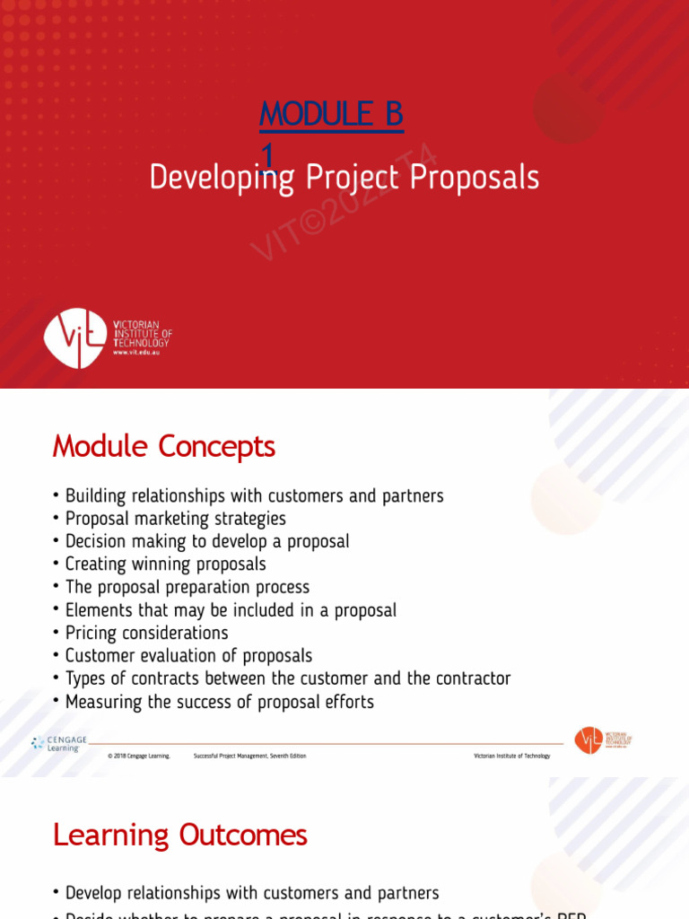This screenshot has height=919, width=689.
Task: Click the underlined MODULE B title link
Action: (x=331, y=115)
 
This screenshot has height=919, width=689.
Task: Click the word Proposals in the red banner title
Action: (x=475, y=178)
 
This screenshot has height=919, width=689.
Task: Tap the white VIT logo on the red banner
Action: (x=76, y=337)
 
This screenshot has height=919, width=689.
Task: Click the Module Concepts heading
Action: (x=163, y=446)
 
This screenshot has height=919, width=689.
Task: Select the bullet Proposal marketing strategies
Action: (x=175, y=519)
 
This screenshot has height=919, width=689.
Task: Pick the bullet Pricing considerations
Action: (x=146, y=633)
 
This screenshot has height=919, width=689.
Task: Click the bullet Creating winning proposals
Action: (x=165, y=565)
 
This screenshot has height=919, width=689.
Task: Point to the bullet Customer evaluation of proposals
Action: (x=188, y=656)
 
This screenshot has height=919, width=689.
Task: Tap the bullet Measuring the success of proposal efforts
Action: (x=219, y=702)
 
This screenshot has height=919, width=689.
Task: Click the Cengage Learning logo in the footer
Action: (x=59, y=744)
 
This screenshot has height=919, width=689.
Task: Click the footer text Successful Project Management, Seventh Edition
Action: (x=249, y=756)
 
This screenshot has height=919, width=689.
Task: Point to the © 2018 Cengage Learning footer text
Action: (x=139, y=756)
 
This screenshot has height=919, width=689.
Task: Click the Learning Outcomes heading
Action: (x=179, y=835)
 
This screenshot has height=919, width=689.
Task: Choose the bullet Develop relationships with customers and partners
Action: (x=252, y=893)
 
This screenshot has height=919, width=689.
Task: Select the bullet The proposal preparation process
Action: (x=187, y=587)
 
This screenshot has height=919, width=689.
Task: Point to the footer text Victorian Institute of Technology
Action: (x=511, y=756)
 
